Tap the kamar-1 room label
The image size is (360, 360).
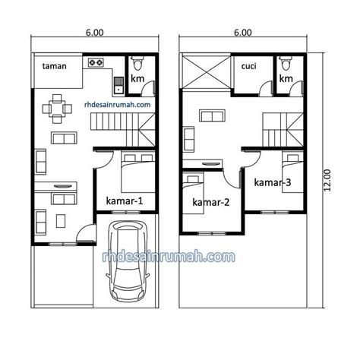coord(125,201)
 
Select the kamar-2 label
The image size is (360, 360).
coord(211,202)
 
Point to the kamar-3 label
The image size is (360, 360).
coord(273,182)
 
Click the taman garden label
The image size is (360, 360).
coord(55,66)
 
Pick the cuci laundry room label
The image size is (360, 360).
coord(248,66)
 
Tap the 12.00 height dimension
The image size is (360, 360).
coord(327,180)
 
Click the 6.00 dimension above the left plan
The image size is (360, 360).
coord(95,33)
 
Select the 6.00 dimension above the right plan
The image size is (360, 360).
coord(243,33)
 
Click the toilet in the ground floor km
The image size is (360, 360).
coord(137,63)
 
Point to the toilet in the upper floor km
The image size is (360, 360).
coord(286,63)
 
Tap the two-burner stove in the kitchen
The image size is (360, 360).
coord(96,62)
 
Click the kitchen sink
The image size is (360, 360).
coord(118,85)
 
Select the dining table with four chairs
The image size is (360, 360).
coord(57,109)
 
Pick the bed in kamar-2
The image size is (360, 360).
coord(194,194)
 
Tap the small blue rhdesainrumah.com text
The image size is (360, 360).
coord(117,105)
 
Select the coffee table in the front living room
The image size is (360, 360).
coord(61,221)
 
